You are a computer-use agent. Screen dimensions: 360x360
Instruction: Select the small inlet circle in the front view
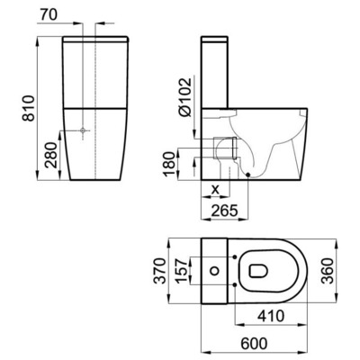click(82, 132)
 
